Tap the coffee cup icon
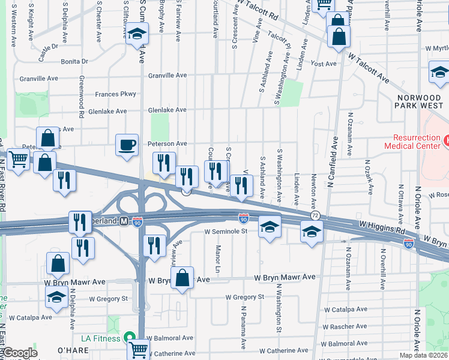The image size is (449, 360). click(x=127, y=145)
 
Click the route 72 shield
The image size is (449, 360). click(x=315, y=215)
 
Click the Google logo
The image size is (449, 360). click(x=20, y=353)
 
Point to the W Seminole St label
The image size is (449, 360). click(x=226, y=231)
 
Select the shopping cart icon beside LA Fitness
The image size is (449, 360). click(x=139, y=349)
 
